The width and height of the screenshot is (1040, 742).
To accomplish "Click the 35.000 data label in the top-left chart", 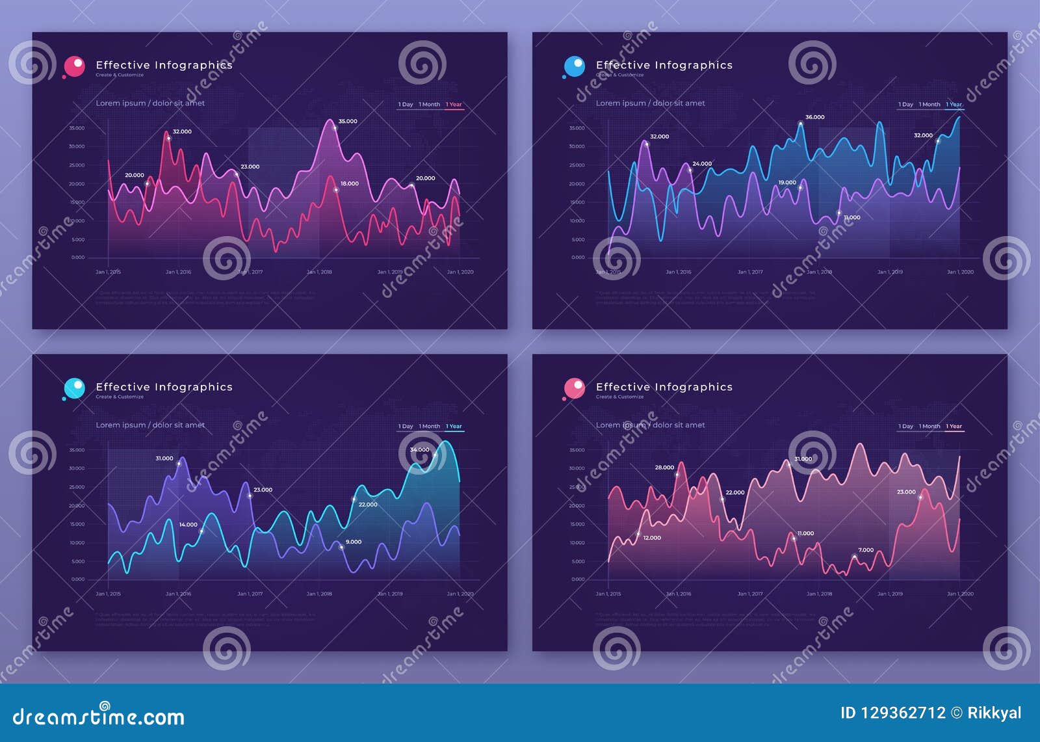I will pyautogui.click(x=348, y=122).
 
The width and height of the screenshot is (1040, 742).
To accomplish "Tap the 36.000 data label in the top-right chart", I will pyautogui.click(x=814, y=118).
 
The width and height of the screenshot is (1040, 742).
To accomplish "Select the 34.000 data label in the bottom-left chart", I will pyautogui.click(x=419, y=450).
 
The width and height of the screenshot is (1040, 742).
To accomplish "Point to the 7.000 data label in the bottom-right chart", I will pyautogui.click(x=866, y=550).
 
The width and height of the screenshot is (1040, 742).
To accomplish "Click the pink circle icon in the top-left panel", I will pyautogui.click(x=74, y=66).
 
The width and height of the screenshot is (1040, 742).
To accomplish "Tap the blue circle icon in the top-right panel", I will pyautogui.click(x=574, y=66).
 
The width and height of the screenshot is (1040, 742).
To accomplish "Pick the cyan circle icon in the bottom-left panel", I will pyautogui.click(x=74, y=388).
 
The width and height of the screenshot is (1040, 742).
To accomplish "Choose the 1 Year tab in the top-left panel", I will pyautogui.click(x=454, y=105).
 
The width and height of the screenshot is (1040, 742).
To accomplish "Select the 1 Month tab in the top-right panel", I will pyautogui.click(x=929, y=105).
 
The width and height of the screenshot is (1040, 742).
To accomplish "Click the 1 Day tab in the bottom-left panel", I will pyautogui.click(x=406, y=427).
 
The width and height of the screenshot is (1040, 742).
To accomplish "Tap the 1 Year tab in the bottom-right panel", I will pyautogui.click(x=954, y=427).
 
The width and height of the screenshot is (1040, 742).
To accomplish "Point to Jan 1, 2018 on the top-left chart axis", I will pyautogui.click(x=319, y=272).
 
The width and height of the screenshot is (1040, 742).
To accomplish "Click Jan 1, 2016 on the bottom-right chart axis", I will pyautogui.click(x=679, y=594).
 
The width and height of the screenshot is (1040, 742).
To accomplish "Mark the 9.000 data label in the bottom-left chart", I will pyautogui.click(x=354, y=542).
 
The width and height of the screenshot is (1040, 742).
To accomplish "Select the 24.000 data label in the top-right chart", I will pyautogui.click(x=702, y=164).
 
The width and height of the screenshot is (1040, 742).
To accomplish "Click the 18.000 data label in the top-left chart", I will pyautogui.click(x=350, y=184).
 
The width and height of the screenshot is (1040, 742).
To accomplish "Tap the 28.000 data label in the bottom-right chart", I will pyautogui.click(x=664, y=468).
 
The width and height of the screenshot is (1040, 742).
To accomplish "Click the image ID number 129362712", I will pyautogui.click(x=903, y=713).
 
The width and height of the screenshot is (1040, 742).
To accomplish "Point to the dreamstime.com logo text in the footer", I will pyautogui.click(x=99, y=717).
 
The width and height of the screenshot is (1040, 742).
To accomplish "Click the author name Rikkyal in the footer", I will pyautogui.click(x=994, y=713).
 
